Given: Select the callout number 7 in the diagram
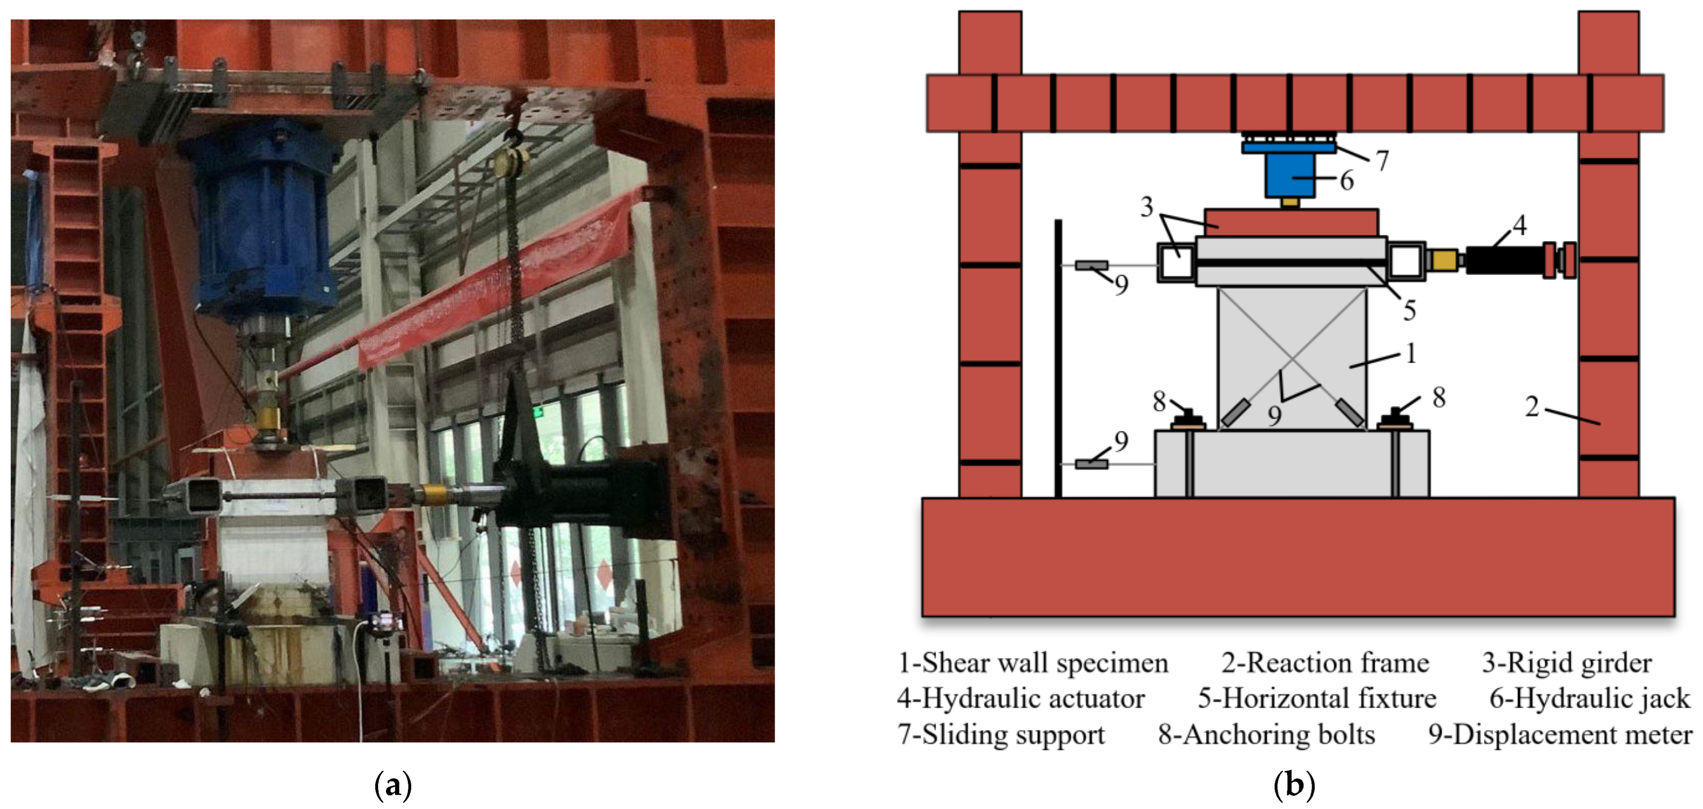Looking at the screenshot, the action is pos(1381,160).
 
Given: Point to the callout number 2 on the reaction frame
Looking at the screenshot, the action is pos(1532,406).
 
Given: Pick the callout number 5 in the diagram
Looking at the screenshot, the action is pos(1409,309).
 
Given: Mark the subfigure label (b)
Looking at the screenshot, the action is pos(1294,785).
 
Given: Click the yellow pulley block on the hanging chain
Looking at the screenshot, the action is pos(511,160).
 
